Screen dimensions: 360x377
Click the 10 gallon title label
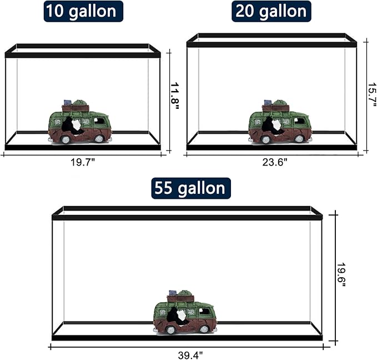(83, 11)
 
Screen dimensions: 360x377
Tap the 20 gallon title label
(272, 11)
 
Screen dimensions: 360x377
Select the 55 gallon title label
(191, 188)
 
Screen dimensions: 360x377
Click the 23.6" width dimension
(272, 162)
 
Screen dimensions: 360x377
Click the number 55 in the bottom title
(164, 188)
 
